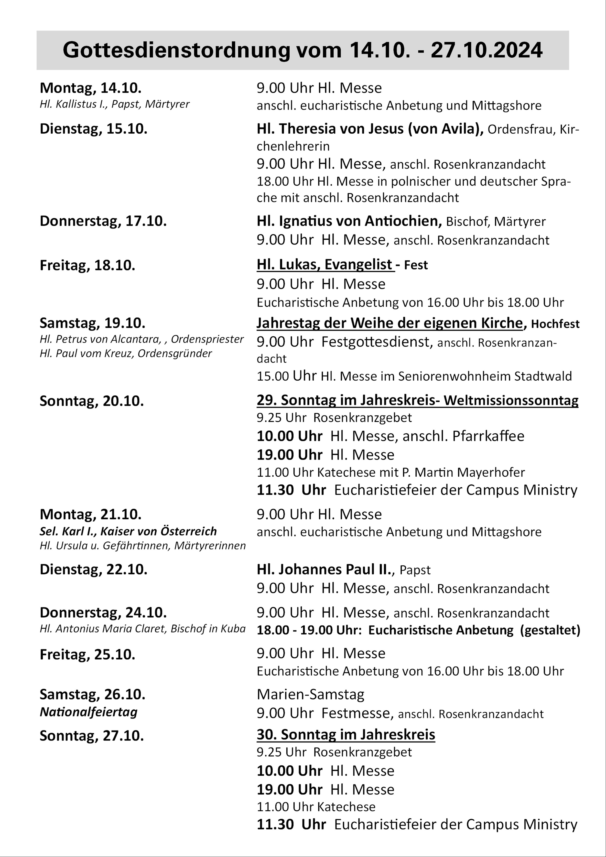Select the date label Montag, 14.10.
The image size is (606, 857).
click(90, 88)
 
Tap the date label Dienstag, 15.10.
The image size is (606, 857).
click(93, 129)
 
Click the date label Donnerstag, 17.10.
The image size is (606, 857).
click(103, 221)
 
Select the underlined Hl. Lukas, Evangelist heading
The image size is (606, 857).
click(325, 265)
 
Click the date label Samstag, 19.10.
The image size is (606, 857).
click(92, 323)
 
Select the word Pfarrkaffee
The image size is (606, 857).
click(488, 436)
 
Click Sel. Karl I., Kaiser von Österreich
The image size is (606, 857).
click(128, 531)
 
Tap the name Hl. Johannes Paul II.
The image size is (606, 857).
click(324, 570)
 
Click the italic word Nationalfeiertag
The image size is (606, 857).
click(88, 712)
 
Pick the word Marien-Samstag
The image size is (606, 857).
click(310, 694)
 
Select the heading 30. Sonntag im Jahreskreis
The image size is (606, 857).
click(346, 735)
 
